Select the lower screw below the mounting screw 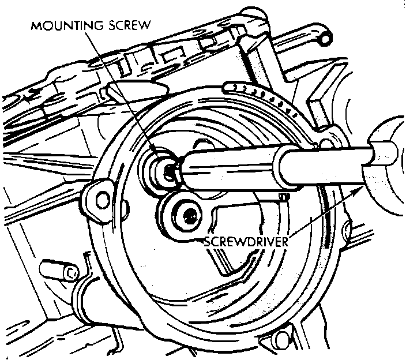pyautogui.click(x=189, y=217)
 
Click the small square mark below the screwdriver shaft pyautogui.click(x=283, y=198)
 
